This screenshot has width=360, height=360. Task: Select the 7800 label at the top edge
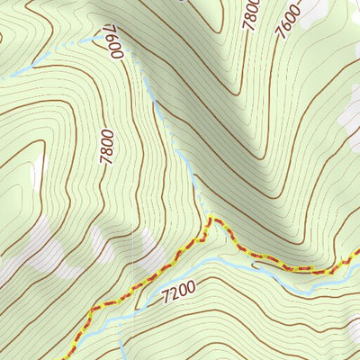[x=252, y=13]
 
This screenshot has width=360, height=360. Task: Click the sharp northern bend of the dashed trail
[x=211, y=218]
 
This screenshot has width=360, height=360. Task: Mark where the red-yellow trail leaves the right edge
[x=357, y=256]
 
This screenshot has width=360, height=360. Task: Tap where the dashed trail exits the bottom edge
[x=67, y=357]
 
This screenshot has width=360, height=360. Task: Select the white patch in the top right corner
[x=315, y=9]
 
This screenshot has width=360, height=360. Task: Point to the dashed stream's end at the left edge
[x=3, y=77]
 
